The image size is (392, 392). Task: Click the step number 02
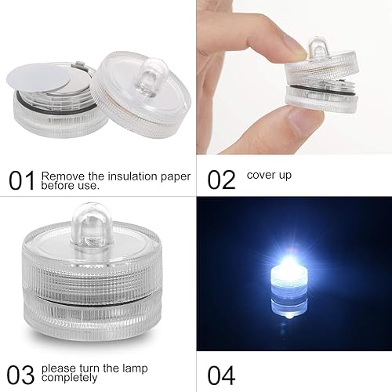221,180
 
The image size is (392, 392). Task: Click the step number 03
22,372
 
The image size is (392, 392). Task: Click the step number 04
221,372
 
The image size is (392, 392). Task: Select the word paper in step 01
174,176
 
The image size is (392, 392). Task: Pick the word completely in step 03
70,376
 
